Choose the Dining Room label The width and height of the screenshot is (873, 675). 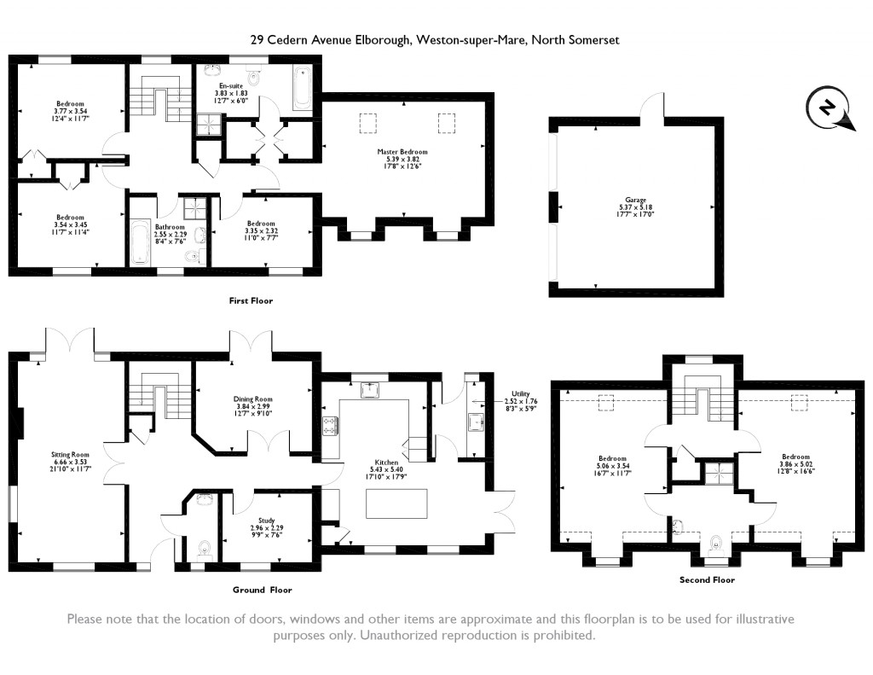[252, 399]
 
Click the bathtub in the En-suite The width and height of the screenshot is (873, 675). [304, 90]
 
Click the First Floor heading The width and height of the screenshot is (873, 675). [251, 301]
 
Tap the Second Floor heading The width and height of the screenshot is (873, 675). [707, 579]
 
